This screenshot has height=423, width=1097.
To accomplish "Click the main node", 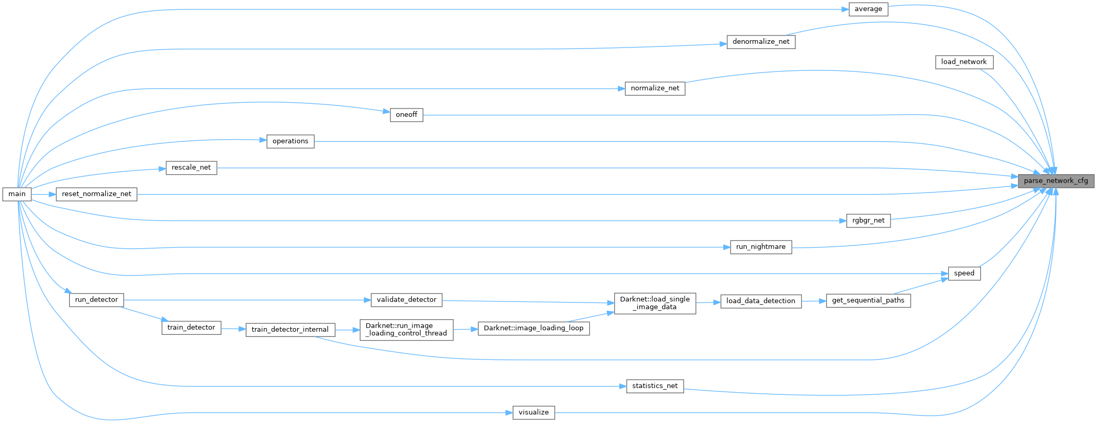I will point(17,194).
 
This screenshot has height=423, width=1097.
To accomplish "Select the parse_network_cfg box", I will point(1056,181).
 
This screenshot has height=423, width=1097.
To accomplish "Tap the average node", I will point(868,9).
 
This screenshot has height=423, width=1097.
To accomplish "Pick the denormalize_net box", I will point(761,42).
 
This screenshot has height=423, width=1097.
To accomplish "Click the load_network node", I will point(964,62).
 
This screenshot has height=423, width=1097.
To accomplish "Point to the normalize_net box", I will point(655,89).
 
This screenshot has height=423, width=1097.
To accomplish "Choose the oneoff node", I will point(406,115).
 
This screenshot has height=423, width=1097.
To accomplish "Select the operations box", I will point(290,141).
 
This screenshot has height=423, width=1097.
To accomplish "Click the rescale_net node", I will point(191,167).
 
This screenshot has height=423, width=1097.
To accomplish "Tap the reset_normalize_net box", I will point(96,194).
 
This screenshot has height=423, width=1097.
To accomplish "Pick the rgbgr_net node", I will point(868,221).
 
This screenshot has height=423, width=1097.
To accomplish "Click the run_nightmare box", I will point(761,247).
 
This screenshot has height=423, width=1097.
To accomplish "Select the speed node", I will point(964,273).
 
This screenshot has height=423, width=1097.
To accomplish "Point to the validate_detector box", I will point(406,300).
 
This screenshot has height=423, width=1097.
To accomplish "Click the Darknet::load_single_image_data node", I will point(655,303).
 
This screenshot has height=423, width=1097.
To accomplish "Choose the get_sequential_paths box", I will point(868,300).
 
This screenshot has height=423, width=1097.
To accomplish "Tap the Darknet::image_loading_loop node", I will point(533,329).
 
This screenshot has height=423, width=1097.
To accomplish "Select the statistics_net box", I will point(655,386).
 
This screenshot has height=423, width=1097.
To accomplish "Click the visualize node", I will point(533,413).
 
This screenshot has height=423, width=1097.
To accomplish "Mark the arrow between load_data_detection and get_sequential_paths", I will point(814,301).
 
